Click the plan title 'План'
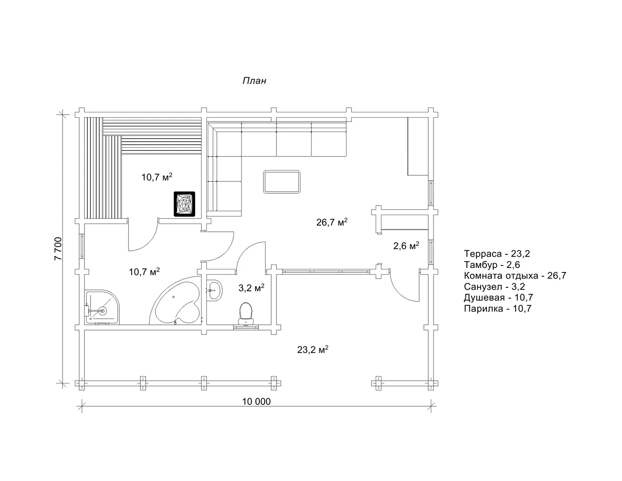(254, 81)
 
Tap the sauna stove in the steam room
(184, 204)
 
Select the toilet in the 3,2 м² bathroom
(245, 314)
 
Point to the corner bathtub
(176, 303)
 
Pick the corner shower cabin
(102, 307)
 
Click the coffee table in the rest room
(282, 182)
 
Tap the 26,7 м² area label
(332, 222)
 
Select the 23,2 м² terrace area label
(313, 349)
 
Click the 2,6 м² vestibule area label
(406, 245)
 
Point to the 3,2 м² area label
(252, 288)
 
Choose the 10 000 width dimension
(256, 401)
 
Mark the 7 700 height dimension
(58, 249)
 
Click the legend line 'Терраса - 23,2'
(497, 254)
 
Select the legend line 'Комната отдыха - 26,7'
(515, 275)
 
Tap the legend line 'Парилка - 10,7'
(498, 308)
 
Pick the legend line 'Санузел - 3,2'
(494, 286)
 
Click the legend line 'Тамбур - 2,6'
(492, 265)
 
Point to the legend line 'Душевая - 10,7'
(498, 298)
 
